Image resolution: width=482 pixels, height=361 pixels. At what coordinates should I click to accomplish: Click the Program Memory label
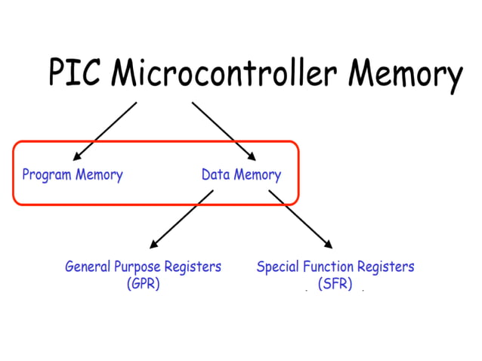(73, 175)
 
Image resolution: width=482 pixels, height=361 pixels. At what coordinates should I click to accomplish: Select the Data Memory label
(241, 175)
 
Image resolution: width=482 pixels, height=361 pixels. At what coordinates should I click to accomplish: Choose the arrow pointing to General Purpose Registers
(181, 219)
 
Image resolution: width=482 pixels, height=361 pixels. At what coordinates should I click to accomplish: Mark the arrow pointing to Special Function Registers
(301, 219)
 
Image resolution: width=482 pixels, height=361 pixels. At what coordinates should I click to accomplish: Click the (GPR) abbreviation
(143, 285)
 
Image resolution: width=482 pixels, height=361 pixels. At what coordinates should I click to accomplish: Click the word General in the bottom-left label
(88, 267)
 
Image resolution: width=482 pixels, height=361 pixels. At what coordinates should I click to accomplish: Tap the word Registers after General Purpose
(194, 267)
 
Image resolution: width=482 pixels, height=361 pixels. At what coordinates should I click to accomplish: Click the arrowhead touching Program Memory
(77, 157)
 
